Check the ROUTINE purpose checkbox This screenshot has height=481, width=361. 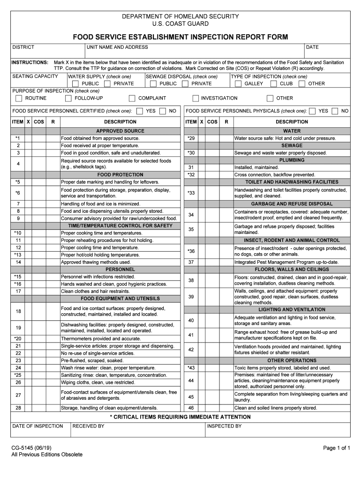(x=19, y=98)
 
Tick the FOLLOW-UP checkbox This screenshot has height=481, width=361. (x=68, y=98)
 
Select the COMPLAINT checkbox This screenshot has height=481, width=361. (x=132, y=98)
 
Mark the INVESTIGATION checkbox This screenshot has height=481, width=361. (x=196, y=98)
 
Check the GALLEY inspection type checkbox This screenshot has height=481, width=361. (x=238, y=84)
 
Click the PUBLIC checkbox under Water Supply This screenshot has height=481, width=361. (x=75, y=84)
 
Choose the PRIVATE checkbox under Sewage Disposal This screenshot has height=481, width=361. (x=185, y=84)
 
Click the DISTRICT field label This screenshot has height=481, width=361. (x=23, y=47)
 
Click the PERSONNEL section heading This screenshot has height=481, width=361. (x=120, y=270)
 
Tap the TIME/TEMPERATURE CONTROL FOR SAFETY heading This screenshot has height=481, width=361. (x=120, y=225)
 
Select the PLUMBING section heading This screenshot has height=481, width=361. (x=292, y=160)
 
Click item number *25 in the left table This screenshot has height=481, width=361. (x=18, y=375)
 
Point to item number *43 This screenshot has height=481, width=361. (x=191, y=368)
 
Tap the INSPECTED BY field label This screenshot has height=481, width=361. (x=224, y=426)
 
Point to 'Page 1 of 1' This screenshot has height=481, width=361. (x=337, y=448)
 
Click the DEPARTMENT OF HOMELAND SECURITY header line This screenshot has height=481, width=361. (x=180, y=16)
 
